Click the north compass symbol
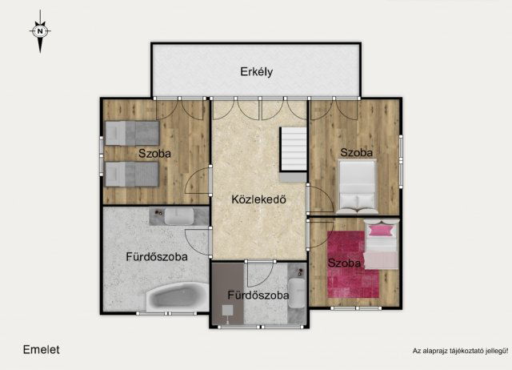[40, 31]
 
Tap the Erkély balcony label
[256, 71]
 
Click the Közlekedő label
[258, 199]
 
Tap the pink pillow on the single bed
[380, 230]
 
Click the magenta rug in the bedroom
[353, 264]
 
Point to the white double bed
[358, 187]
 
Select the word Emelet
[41, 350]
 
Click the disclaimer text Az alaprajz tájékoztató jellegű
[461, 351]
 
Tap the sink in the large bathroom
[179, 216]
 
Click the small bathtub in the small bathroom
[297, 293]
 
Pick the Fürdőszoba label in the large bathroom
[157, 256]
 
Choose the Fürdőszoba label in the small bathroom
[258, 296]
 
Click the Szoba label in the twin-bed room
[154, 153]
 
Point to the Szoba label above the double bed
[356, 152]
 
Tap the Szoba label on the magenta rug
[344, 263]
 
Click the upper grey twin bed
[132, 133]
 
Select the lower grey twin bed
[132, 175]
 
